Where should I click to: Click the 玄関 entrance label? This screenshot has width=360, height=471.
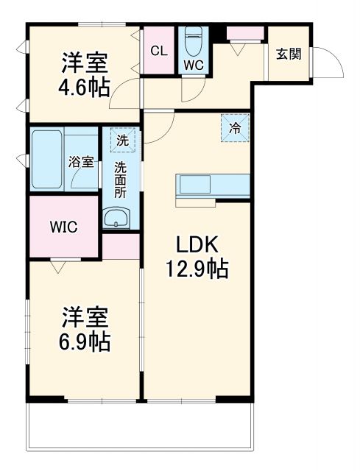coord(289,54)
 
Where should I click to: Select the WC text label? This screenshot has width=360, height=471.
coord(194,64)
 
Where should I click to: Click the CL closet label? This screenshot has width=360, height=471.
coord(158,51)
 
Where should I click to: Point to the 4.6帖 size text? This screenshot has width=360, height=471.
coord(84,88)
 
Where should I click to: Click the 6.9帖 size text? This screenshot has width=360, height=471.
coord(85,341)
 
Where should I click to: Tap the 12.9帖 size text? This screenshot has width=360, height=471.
coord(196,269)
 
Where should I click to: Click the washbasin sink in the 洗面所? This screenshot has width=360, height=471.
coord(116,218)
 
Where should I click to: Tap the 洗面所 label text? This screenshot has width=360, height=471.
coord(120,179)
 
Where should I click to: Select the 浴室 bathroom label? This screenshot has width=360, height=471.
coord(81,162)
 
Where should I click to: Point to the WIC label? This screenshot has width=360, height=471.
coord(63,227)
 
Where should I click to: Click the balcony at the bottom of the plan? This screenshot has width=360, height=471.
coord(141,431)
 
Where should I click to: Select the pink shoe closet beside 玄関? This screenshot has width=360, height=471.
coord(245,33)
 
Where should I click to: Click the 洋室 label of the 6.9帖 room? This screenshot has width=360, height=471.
coord(85,318)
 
